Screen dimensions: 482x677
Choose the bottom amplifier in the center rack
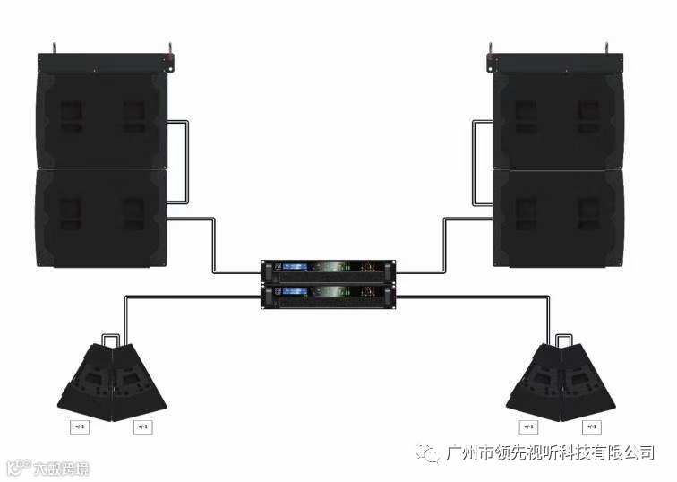[x=328, y=296]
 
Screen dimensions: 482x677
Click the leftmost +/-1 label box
[x=80, y=426]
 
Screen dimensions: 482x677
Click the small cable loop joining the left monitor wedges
[x=111, y=339]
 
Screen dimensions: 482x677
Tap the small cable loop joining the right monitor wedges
[x=564, y=339]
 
